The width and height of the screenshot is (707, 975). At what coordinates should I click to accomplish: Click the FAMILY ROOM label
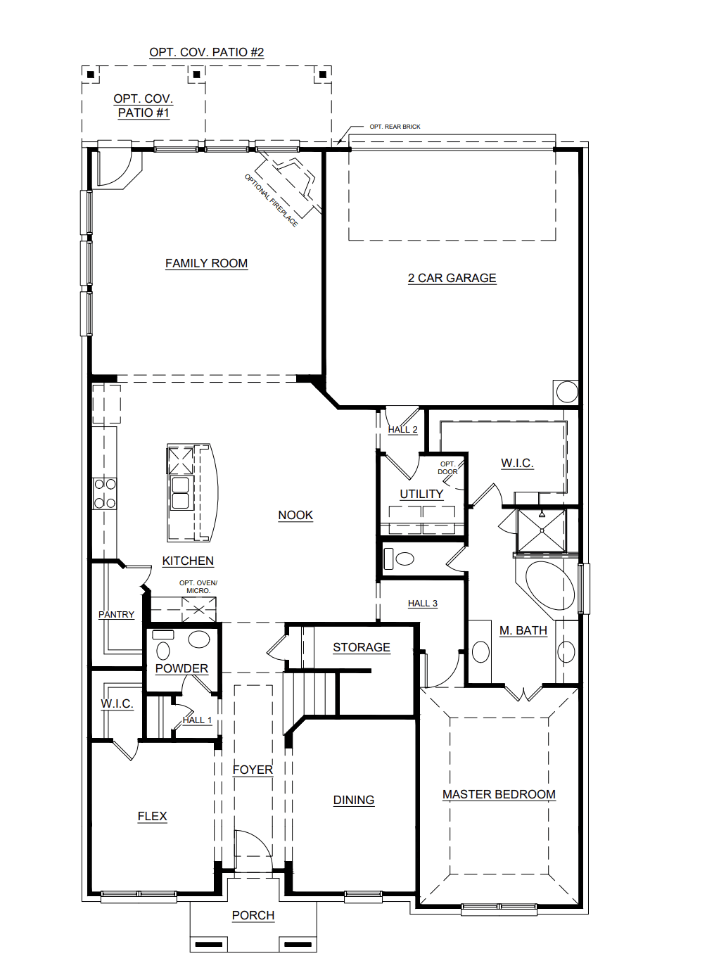[206, 263]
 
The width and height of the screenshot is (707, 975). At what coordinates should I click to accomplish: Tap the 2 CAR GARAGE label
[452, 278]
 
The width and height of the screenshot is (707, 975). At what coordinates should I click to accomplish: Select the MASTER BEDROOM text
[499, 794]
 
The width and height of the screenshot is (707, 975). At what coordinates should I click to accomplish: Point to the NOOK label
[295, 515]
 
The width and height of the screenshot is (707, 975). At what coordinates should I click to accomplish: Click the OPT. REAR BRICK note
[395, 127]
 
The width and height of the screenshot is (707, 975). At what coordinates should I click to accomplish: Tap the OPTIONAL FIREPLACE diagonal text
[271, 200]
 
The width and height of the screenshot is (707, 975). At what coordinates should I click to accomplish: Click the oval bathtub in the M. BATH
[550, 585]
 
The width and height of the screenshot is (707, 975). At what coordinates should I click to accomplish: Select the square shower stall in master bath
[541, 530]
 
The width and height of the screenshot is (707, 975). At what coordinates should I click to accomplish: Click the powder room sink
[199, 639]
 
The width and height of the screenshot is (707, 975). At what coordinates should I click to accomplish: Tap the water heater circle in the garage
[566, 392]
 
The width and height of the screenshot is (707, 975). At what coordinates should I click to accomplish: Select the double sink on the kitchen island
[181, 492]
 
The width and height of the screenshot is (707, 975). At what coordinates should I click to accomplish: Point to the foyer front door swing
[252, 851]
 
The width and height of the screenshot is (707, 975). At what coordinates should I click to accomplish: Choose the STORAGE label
[361, 647]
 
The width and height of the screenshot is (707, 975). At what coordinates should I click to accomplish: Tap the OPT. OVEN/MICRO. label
[198, 587]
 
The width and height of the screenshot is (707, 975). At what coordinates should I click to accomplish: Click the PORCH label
[253, 915]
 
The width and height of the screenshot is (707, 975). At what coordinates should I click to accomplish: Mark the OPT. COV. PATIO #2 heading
[206, 52]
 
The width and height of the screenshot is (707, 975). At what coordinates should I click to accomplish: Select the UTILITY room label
[421, 494]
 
